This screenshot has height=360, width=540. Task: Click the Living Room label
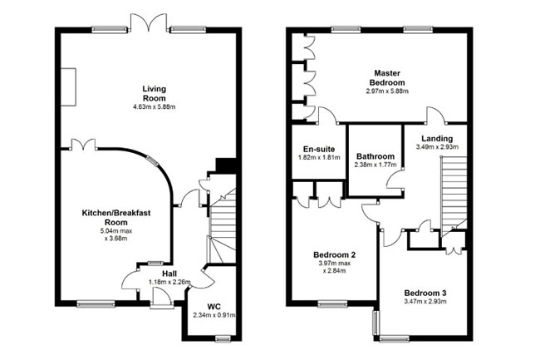[x=155, y=93]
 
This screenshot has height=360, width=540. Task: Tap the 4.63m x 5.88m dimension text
[x=155, y=106]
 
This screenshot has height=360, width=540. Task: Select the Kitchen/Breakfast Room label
[x=116, y=217]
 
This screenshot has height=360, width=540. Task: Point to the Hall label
[x=169, y=274]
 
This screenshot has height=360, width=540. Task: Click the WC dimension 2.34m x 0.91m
[x=214, y=315]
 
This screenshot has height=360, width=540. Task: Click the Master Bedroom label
[x=387, y=78]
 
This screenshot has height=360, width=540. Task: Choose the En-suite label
[x=319, y=149]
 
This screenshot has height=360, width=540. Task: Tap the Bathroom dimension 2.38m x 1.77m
[x=376, y=165]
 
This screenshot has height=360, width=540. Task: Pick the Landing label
[x=437, y=139]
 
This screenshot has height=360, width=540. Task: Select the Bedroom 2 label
[x=335, y=255]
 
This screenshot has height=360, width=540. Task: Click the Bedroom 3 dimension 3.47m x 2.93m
[x=425, y=302]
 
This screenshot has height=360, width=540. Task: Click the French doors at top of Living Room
[x=149, y=22]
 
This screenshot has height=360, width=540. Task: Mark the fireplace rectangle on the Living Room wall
[x=68, y=86]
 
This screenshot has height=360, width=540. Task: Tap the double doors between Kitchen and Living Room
[x=83, y=145]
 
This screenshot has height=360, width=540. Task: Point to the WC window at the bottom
[x=223, y=338]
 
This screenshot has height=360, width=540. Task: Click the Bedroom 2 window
[x=332, y=303]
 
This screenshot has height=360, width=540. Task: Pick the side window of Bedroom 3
[x=376, y=323]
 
